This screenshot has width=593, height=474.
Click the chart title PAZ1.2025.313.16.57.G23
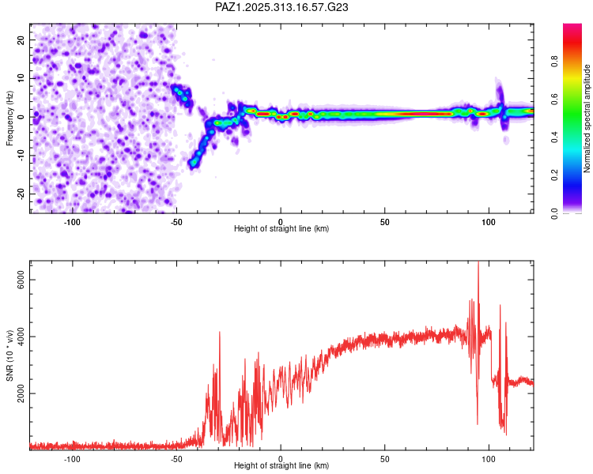(282, 7)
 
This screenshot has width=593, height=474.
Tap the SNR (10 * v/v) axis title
(10, 355)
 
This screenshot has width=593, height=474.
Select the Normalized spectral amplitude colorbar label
(587, 118)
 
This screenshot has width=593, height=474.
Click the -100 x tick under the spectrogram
(73, 221)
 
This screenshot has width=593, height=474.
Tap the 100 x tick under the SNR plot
(489, 458)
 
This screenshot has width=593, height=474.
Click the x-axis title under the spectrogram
(281, 229)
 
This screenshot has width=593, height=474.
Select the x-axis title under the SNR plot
(281, 466)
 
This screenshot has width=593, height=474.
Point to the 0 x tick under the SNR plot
(281, 458)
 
